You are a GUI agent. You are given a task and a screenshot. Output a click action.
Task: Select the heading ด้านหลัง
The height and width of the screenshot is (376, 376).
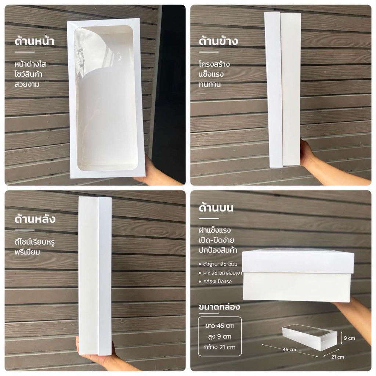point(35,218)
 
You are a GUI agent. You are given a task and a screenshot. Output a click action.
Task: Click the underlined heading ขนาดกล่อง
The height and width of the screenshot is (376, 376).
point(219,307)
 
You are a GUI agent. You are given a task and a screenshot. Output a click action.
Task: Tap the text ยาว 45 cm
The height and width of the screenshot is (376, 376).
point(220,326)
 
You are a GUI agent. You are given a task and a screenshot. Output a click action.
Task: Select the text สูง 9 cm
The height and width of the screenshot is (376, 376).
point(220,336)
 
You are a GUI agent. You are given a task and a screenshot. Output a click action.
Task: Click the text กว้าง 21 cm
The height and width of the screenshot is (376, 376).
point(220,347)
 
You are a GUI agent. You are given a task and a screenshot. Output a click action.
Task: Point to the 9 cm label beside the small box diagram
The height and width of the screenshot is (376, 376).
point(350,338)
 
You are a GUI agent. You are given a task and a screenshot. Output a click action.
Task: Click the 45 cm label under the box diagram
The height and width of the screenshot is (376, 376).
point(289,350)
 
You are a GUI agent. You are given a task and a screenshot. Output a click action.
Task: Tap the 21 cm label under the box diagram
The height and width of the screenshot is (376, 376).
point(338,357)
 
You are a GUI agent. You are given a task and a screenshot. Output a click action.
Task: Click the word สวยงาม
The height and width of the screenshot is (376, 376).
point(27,84)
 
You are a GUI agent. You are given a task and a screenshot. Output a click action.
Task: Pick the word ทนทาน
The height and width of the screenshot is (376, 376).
point(210,84)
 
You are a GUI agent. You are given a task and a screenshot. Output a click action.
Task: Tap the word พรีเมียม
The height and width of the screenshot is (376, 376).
point(27,252)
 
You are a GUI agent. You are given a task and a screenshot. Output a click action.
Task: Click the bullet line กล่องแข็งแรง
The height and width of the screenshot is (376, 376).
point(215,281)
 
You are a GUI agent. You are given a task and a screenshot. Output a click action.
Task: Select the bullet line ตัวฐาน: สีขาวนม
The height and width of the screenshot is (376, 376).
point(218,264)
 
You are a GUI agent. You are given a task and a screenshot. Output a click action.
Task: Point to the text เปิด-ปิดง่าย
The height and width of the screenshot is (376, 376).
point(216,240)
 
